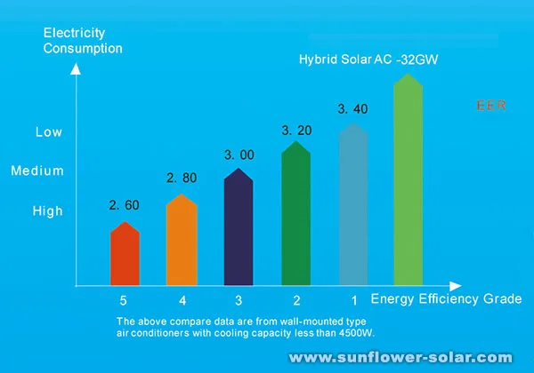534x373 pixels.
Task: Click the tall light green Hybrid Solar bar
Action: tap(409, 182)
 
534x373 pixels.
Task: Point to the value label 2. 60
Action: tap(125, 205)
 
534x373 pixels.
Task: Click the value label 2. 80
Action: tap(182, 179)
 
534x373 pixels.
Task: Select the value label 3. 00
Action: tap(239, 155)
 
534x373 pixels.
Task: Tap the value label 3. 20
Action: tap(296, 131)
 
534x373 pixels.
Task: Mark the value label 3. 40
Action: tap(353, 109)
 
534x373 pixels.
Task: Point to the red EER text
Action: tap(491, 106)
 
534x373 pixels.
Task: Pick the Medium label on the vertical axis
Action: tap(37, 171)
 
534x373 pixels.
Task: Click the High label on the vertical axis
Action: tap(48, 211)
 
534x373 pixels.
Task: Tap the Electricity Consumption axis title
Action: tap(82, 41)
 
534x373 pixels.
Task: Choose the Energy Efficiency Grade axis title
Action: tap(446, 299)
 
